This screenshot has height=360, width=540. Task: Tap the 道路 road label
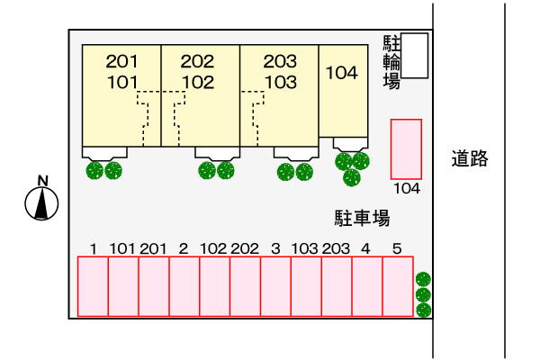470,158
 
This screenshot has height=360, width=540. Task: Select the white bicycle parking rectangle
415,56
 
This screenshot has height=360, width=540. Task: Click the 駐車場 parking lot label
362,218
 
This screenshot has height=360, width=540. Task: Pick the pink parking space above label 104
407,149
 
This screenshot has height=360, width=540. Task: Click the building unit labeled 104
344,91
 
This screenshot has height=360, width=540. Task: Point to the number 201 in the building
121,61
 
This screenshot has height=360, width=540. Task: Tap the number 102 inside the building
198,82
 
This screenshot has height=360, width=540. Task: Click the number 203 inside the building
280,61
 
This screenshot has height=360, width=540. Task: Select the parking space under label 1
93,286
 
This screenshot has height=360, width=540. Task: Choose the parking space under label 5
398,286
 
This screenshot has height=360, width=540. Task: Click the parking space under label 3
276,286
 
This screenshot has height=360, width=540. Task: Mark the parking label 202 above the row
245,248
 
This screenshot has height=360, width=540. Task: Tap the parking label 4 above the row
365,248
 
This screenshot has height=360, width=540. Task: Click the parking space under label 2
184,286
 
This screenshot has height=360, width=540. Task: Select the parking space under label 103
307,286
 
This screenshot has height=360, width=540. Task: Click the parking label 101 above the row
123,248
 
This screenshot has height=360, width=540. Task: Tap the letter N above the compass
42,181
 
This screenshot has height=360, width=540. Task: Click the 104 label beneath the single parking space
407,188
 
